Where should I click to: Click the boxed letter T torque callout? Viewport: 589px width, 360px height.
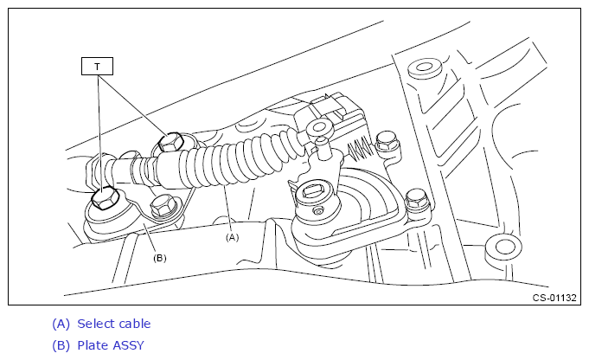coord(97,66)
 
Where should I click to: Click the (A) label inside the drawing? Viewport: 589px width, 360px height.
coord(232,237)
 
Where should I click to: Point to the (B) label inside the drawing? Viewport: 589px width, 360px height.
coord(160,258)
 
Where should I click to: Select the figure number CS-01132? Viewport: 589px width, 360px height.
coord(554,298)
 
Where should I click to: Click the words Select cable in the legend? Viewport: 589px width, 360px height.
coord(114,324)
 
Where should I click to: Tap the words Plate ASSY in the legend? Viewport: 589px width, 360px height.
coord(111,345)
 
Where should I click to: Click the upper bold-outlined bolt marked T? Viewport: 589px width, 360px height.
coord(170,143)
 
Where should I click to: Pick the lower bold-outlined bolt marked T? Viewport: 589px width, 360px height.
coord(106,198)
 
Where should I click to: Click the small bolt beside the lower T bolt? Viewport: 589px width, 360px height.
coord(162,206)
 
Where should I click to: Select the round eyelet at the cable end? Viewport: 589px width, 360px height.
coord(320,128)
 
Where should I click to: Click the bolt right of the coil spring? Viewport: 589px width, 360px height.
coord(387,142)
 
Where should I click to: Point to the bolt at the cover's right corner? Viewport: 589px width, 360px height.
coord(416,200)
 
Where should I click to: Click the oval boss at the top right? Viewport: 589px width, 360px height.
coord(425,67)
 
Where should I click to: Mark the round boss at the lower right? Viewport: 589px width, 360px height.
coord(503,247)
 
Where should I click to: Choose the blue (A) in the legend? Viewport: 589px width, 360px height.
coord(61,324)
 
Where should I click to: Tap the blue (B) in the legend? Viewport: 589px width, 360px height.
coord(61,345)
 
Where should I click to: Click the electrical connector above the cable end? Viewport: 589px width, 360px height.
coord(330,111)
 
